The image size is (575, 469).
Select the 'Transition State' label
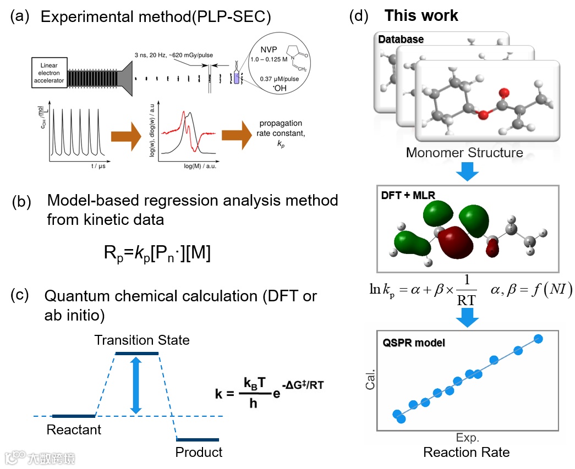(141, 340)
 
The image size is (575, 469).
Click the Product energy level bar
(198, 439)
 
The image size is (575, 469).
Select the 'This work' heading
(421, 15)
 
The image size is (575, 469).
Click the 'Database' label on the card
(401, 40)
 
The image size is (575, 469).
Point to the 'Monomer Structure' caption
(464, 152)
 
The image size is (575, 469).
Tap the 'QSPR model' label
(414, 343)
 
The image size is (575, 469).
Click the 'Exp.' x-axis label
(468, 438)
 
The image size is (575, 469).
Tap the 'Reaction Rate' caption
(466, 453)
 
